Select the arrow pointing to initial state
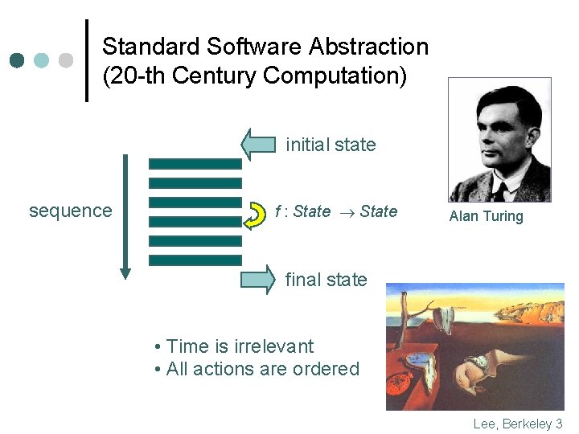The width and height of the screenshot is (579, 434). click(x=258, y=145)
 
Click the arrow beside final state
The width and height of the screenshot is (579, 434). click(x=258, y=280)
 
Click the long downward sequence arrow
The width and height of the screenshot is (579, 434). click(x=125, y=217)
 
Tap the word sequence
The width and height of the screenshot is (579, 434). click(x=71, y=211)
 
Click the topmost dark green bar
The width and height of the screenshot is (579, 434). click(x=195, y=163)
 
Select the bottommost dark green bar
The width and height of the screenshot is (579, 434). click(x=195, y=260)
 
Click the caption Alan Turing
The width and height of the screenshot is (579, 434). click(x=486, y=216)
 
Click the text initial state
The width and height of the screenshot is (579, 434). click(x=331, y=145)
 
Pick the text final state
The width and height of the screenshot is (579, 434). click(x=326, y=280)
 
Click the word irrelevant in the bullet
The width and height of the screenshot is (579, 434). click(x=273, y=346)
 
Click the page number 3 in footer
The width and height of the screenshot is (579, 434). click(x=559, y=424)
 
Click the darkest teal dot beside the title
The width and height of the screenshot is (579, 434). click(x=18, y=60)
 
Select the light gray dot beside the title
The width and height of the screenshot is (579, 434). click(x=66, y=60)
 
